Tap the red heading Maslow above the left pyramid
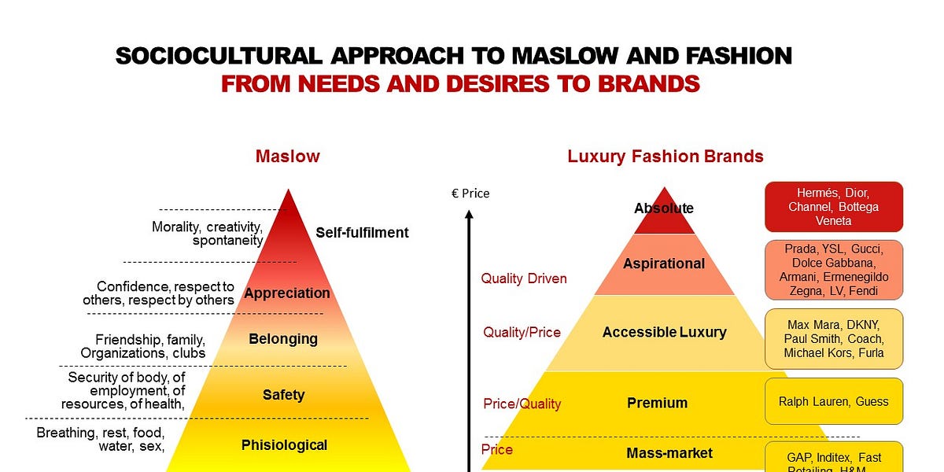(287, 156)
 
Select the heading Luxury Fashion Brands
(666, 156)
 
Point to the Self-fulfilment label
(362, 232)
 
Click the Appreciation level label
(287, 293)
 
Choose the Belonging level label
(283, 339)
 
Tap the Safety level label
(283, 395)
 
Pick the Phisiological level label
(284, 444)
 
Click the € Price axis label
(470, 193)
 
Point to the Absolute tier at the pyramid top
(664, 208)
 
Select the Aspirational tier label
(664, 264)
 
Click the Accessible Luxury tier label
(664, 332)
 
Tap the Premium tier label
(657, 403)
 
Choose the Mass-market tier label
(669, 452)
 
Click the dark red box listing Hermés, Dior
(834, 207)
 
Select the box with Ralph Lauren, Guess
(834, 401)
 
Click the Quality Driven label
(524, 278)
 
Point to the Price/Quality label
(522, 404)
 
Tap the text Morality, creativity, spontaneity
(207, 234)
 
